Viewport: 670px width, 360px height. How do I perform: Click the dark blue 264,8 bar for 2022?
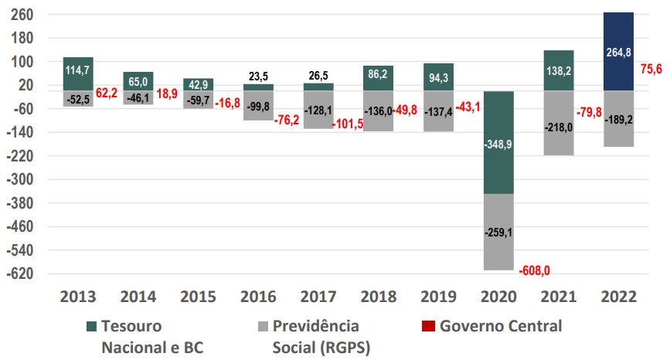click(618, 51)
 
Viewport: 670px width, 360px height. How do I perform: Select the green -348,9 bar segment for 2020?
click(498, 142)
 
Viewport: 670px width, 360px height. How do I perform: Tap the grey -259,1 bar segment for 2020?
click(498, 231)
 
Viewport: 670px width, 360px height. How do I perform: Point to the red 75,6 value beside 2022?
click(651, 70)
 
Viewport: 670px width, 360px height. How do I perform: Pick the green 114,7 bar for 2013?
click(78, 73)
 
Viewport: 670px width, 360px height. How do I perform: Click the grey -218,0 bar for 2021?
click(558, 124)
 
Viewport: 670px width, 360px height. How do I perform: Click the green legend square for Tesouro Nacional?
click(90, 326)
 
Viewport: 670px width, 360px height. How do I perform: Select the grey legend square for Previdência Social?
click(261, 326)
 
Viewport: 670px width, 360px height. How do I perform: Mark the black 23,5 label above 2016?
click(258, 76)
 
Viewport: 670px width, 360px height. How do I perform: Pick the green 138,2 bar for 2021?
click(558, 70)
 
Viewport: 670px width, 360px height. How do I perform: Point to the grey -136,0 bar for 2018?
click(378, 110)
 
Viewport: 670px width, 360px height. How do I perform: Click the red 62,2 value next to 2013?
click(106, 93)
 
